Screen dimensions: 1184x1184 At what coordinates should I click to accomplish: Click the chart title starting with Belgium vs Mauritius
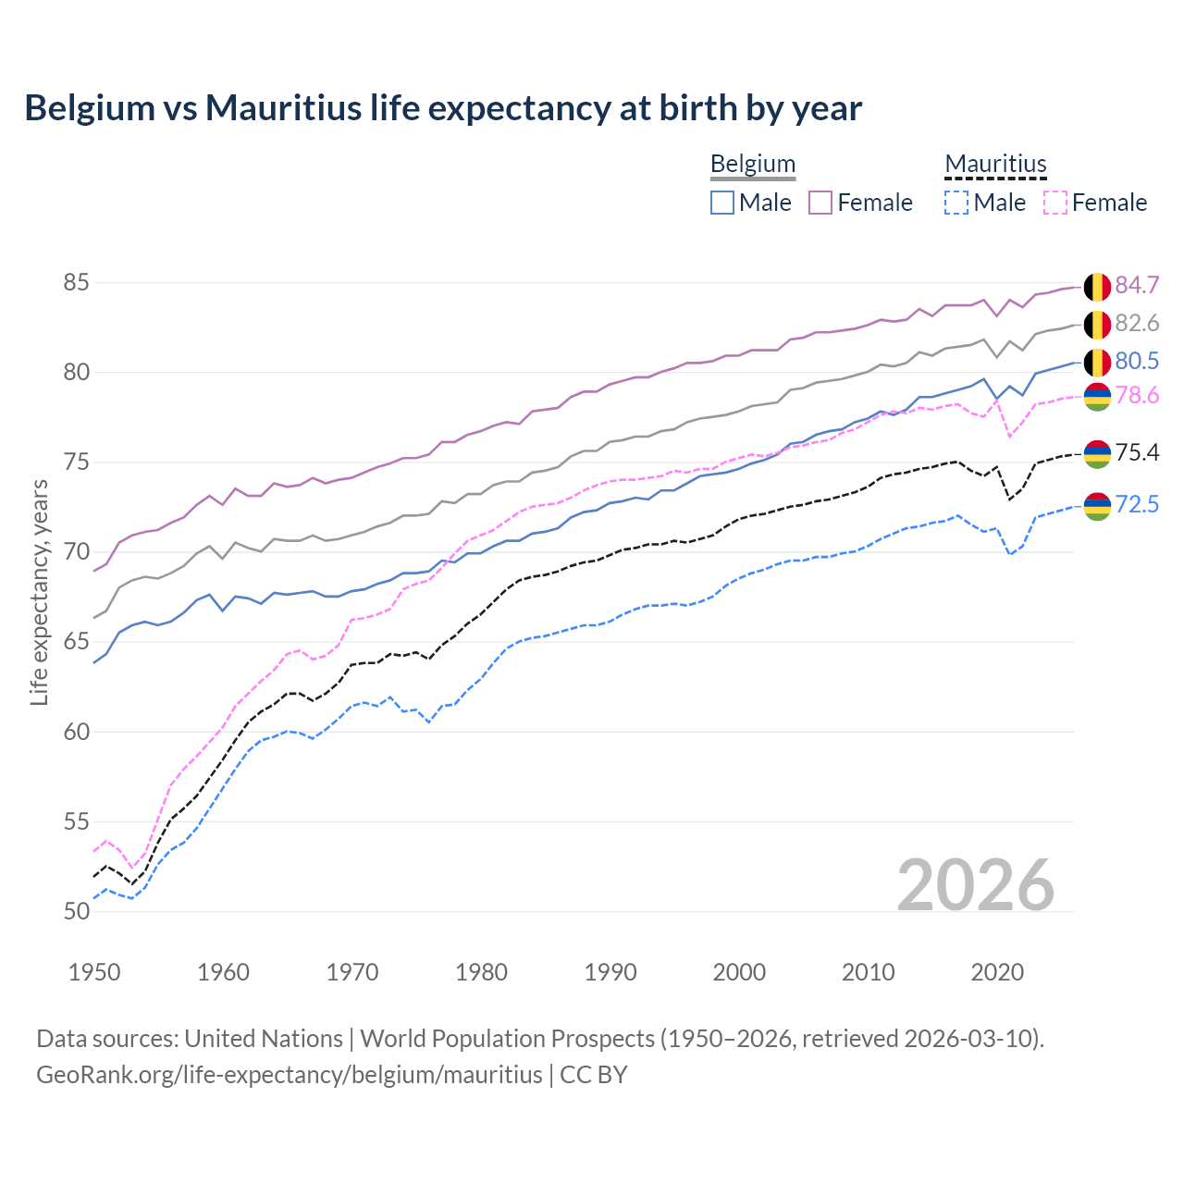(x=443, y=108)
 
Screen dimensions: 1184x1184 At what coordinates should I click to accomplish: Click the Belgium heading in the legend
(x=752, y=164)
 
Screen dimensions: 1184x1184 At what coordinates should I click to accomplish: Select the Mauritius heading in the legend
(x=995, y=164)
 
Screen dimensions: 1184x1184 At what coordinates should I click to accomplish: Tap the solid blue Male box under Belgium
(x=722, y=203)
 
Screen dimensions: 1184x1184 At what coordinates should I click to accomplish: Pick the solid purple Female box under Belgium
(x=820, y=203)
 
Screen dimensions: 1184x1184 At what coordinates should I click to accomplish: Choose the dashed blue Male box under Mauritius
(x=956, y=203)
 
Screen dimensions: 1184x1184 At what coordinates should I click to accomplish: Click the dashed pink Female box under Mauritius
(x=1054, y=203)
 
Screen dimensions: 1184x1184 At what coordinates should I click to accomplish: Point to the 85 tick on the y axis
(x=76, y=282)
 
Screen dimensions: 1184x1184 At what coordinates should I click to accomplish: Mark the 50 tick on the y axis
(x=76, y=911)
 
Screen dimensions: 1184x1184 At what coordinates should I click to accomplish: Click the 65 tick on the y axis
(x=76, y=641)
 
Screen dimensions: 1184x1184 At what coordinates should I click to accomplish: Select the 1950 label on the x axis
(x=94, y=972)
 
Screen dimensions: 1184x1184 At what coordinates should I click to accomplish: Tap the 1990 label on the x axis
(x=610, y=972)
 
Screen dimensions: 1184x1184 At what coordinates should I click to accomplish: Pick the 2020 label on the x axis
(x=997, y=972)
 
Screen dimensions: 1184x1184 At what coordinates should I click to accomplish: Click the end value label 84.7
(x=1137, y=285)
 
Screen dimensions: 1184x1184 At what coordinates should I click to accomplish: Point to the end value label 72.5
(x=1137, y=504)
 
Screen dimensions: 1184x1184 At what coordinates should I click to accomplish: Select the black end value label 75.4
(x=1137, y=452)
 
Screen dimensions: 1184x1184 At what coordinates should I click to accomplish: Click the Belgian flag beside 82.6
(x=1097, y=325)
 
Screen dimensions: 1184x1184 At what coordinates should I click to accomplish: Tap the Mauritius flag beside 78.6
(x=1097, y=396)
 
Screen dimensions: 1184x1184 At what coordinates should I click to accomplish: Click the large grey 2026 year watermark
(x=976, y=885)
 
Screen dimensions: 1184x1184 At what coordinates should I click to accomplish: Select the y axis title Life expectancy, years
(x=39, y=592)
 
